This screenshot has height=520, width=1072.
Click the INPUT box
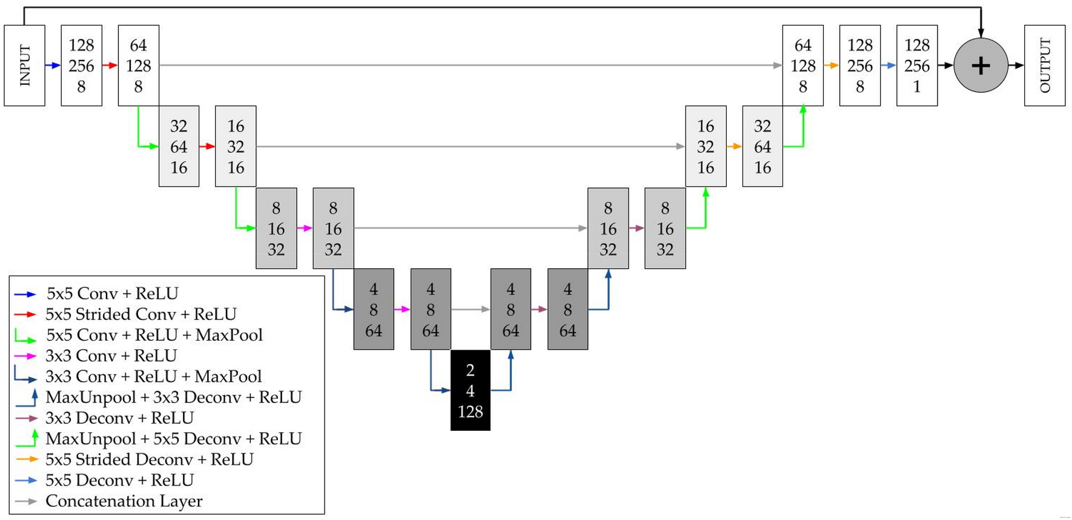pos(24,65)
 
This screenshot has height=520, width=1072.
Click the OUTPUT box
pos(1044,65)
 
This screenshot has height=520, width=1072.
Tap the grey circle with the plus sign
pos(980,65)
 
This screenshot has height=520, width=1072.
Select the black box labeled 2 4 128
pos(470,390)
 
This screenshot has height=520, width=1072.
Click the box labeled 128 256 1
pos(916,65)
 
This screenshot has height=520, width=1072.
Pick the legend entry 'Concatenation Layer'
pos(124,501)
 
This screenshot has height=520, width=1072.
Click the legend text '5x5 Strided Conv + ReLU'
pos(141,314)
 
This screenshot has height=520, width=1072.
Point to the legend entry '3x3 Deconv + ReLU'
pos(119,418)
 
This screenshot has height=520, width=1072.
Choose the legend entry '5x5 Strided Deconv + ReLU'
pos(149,459)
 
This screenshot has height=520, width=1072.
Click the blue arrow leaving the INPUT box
pos(53,65)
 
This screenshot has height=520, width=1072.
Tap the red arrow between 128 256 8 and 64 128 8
pos(110,65)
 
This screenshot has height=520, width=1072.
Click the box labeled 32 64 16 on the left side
pos(179,147)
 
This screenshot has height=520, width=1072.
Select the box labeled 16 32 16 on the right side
pos(705,147)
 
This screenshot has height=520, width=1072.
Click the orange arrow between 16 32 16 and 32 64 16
pos(734,147)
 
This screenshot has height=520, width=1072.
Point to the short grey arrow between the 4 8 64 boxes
pos(471,310)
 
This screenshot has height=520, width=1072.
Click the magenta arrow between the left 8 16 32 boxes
pos(305,228)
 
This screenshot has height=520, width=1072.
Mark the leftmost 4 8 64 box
pos(374,310)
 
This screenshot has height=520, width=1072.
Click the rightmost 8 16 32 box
pos(664,228)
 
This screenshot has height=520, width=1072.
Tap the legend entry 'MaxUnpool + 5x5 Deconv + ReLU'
pos(173,439)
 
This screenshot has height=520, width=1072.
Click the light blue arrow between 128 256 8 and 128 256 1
pos(888,65)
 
